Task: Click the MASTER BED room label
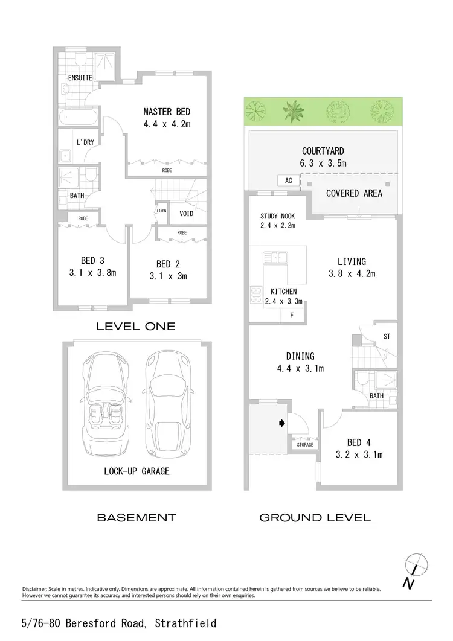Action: (167, 112)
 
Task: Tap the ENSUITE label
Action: (80, 78)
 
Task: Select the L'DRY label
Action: (84, 142)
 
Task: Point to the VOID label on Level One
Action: (187, 214)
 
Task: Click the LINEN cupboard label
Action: (161, 211)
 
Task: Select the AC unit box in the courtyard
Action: (288, 180)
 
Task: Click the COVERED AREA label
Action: (354, 193)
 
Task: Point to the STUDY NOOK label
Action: (277, 216)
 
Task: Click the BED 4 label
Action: (359, 442)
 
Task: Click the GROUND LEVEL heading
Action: (315, 517)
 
